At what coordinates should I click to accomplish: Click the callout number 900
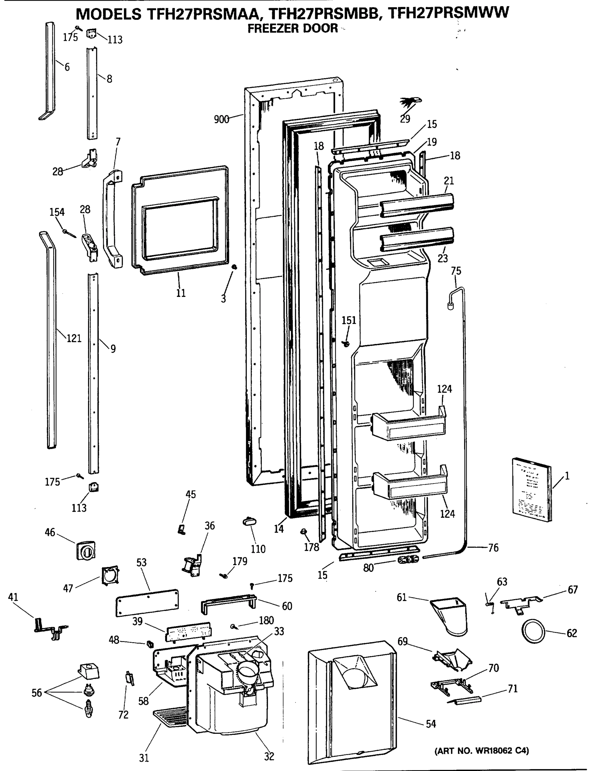click(x=221, y=119)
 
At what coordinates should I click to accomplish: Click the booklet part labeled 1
click(x=531, y=489)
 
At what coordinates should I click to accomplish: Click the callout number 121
click(x=74, y=338)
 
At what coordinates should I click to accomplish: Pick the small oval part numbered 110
click(x=250, y=521)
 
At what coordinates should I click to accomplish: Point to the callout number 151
click(x=348, y=320)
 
